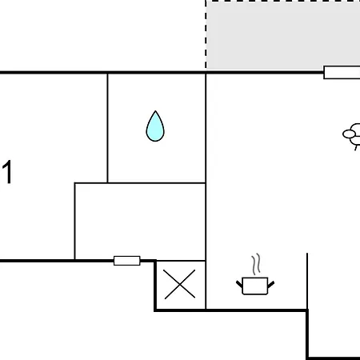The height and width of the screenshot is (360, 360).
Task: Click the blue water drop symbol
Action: [x=155, y=128]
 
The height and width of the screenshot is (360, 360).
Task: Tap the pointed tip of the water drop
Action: [x=155, y=111]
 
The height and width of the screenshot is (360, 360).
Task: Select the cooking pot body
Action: [x=255, y=286]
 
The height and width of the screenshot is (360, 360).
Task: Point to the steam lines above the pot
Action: [x=256, y=264]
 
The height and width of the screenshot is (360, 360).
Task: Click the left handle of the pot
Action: [x=239, y=284]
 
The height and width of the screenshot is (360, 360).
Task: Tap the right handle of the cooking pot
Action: [x=271, y=284]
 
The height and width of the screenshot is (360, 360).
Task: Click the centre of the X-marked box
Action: [x=180, y=285]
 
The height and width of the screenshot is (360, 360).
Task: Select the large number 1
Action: [x=7, y=172]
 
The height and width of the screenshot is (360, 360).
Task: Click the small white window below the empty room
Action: [x=127, y=261]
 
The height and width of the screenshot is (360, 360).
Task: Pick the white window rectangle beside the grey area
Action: [x=342, y=73]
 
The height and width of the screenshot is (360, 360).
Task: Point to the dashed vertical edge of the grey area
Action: [x=206, y=34]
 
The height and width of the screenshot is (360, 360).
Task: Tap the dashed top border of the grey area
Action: [x=282, y=1]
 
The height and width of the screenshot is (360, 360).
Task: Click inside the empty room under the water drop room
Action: [x=140, y=222]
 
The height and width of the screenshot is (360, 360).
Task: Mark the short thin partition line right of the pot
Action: [x=307, y=282]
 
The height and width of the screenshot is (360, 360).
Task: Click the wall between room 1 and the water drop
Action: [x=107, y=128]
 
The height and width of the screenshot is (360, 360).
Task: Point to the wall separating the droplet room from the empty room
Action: [x=140, y=183]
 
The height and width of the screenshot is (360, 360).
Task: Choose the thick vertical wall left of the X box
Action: [x=155, y=286]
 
